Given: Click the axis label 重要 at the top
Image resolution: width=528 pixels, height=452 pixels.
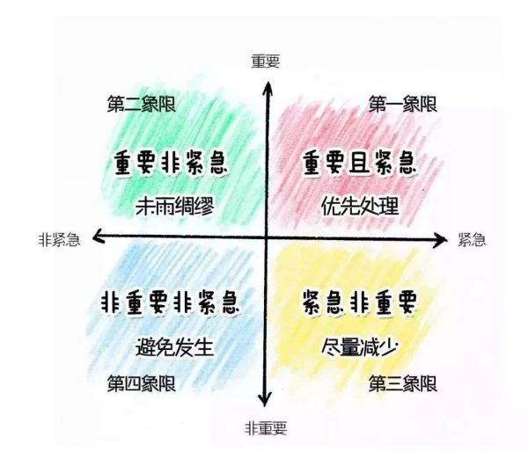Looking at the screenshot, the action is (266, 62).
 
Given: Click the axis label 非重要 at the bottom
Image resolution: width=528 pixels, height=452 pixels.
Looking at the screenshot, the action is (266, 428).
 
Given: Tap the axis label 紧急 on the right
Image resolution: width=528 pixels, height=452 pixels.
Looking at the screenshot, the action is (472, 240).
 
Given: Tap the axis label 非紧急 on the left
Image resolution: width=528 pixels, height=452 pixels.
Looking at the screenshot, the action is (59, 240).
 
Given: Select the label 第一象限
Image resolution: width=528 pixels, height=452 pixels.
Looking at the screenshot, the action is (403, 104).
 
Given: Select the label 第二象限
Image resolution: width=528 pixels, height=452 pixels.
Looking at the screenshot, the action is (142, 104).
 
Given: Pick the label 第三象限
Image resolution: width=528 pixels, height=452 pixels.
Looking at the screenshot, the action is (403, 383).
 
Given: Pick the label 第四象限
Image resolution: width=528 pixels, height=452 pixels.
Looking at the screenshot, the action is (142, 383).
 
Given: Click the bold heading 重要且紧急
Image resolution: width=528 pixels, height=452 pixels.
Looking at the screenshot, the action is (359, 164).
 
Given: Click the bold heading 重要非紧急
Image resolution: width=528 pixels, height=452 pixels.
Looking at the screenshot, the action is (171, 164).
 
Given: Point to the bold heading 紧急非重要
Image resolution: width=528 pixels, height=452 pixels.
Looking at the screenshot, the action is (359, 303).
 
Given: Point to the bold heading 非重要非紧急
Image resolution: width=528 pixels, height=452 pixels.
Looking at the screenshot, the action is (171, 303).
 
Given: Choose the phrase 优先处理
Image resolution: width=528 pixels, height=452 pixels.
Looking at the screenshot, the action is (360, 206).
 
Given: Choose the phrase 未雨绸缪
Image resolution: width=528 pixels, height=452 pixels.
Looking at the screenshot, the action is (175, 206).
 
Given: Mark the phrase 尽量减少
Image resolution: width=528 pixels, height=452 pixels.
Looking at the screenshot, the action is (359, 346).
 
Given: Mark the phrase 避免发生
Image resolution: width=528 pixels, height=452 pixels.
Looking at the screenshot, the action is (175, 346).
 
